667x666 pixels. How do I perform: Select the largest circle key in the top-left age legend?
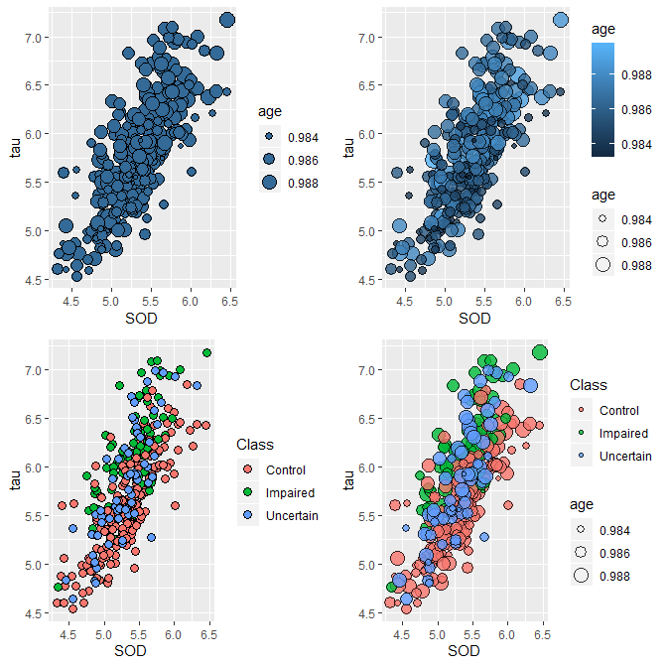[x=269, y=182]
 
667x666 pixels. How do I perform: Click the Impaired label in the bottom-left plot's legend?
[x=290, y=493]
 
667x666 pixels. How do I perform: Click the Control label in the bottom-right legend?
[x=619, y=410]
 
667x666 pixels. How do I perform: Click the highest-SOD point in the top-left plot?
[x=227, y=19]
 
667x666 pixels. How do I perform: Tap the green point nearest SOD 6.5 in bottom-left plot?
[x=207, y=352]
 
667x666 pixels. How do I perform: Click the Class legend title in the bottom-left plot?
[x=255, y=446]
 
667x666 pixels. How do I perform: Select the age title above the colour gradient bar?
[x=603, y=30]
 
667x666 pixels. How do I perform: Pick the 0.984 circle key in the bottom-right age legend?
[x=581, y=528]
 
